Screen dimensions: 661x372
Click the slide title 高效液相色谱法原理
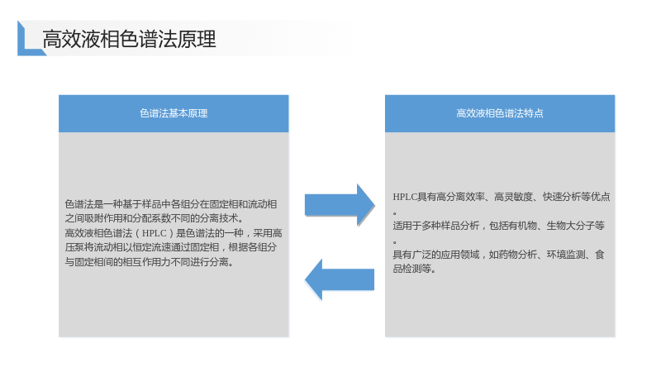129,39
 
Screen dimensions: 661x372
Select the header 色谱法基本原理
174,113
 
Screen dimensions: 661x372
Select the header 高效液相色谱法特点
500,113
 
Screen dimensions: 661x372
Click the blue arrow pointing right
340,205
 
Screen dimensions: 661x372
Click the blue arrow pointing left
340,279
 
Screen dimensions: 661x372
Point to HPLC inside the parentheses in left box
155,233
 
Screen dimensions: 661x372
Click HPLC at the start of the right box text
405,197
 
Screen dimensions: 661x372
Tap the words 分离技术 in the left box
225,218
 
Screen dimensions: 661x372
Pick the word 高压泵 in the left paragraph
74,247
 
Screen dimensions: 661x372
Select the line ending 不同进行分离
149,262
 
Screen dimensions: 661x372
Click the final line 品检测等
414,269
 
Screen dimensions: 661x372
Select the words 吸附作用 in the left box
103,218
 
